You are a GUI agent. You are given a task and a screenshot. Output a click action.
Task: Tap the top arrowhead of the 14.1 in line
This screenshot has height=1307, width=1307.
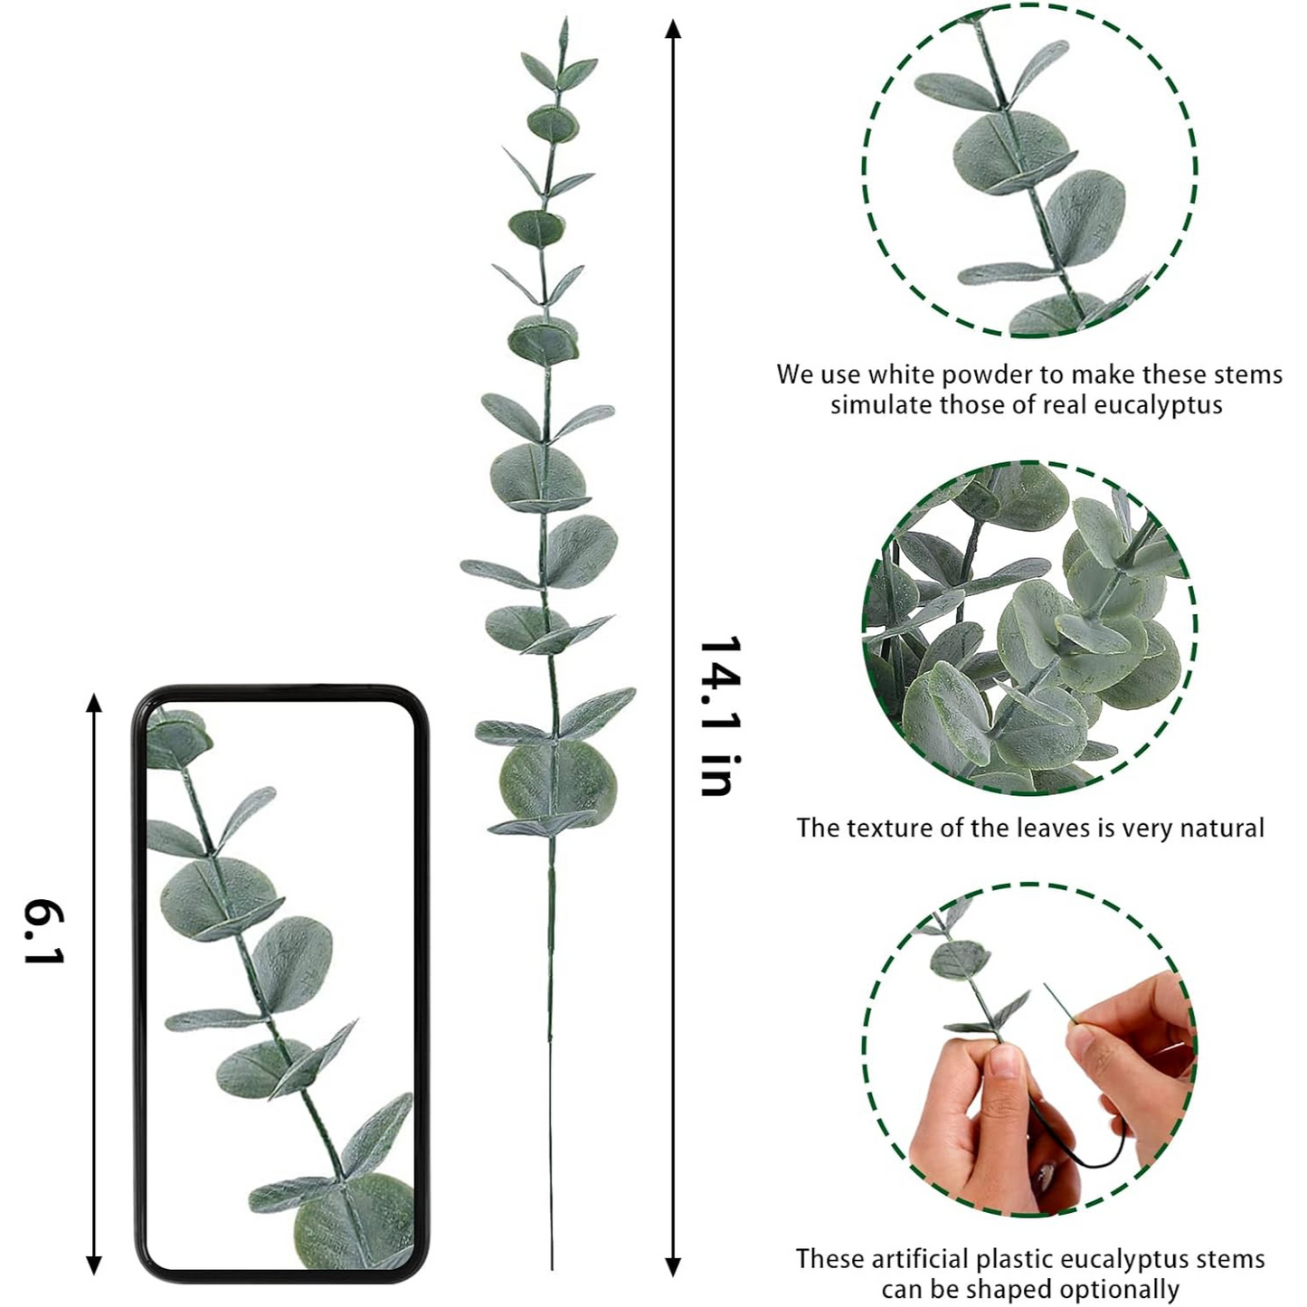672,28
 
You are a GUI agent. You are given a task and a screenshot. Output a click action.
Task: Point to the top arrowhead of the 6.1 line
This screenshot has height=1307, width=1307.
94,703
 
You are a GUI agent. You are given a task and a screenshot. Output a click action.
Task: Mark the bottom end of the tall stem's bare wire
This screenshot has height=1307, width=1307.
552,1269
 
